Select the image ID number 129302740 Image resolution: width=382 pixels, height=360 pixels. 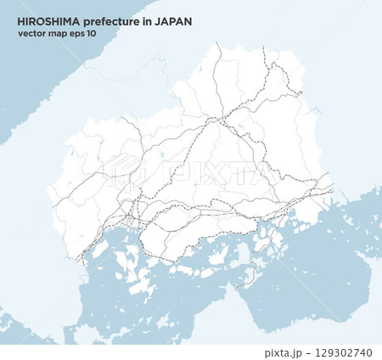[344, 352]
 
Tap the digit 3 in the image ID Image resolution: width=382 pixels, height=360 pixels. [336, 352]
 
